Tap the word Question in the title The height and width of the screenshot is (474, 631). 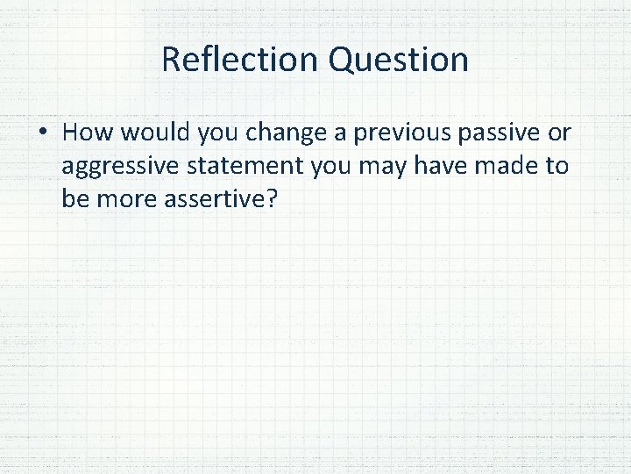[399, 60]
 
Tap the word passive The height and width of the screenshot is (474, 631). [497, 133]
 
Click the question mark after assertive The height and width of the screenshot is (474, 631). [271, 198]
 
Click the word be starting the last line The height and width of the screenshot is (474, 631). [74, 198]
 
